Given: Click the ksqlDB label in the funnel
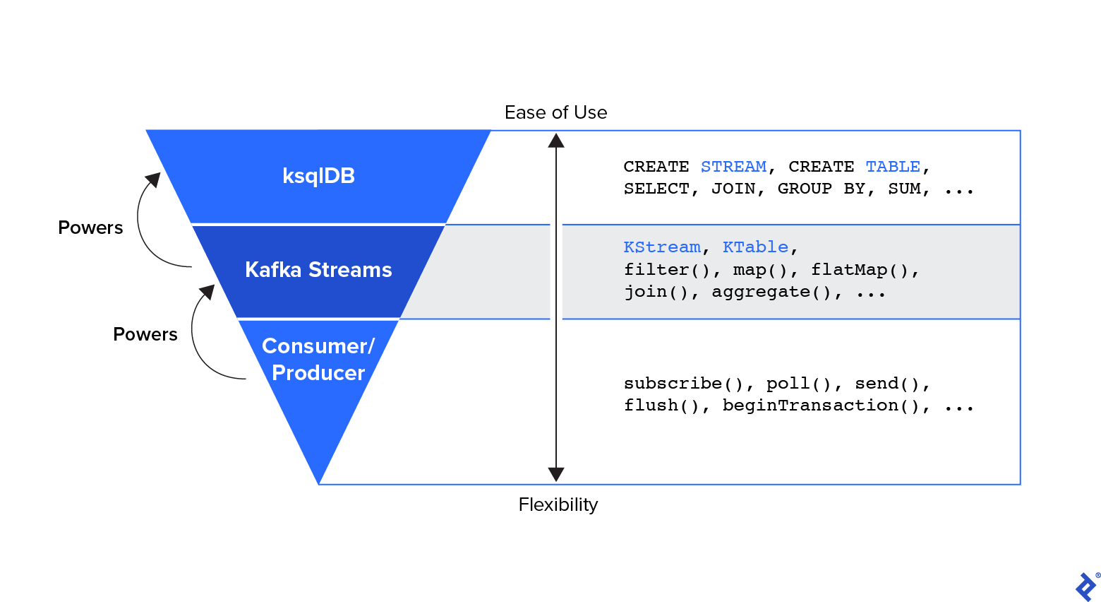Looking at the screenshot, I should point(318,176).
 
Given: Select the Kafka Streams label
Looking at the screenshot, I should point(318,270).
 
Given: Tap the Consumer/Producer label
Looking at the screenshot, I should point(318,360).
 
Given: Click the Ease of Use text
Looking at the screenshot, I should point(555,112).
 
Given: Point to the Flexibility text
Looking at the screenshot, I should point(558,504).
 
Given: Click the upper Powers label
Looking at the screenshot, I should point(90,228).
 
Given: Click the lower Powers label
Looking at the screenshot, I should point(145,334).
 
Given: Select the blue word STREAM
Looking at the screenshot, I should point(733,167).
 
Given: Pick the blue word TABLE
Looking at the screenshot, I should point(893,167).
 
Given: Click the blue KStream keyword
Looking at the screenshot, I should point(662,247).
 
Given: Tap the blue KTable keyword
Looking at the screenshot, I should point(755,247).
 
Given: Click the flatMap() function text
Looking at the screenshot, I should point(860,270).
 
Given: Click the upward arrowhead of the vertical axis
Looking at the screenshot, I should point(556,141).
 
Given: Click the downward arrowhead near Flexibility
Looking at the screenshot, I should point(556,474).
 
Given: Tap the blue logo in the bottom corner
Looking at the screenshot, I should point(1085,586).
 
